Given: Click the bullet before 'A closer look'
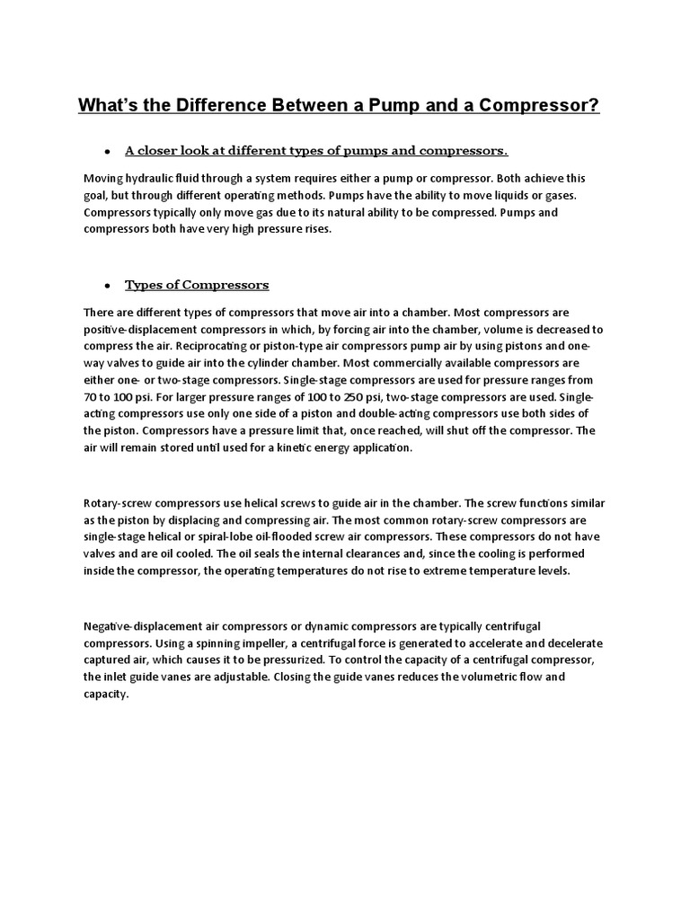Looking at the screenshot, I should [x=107, y=150].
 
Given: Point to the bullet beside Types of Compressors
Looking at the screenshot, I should [x=107, y=286].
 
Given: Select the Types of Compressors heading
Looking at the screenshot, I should [x=197, y=285].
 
